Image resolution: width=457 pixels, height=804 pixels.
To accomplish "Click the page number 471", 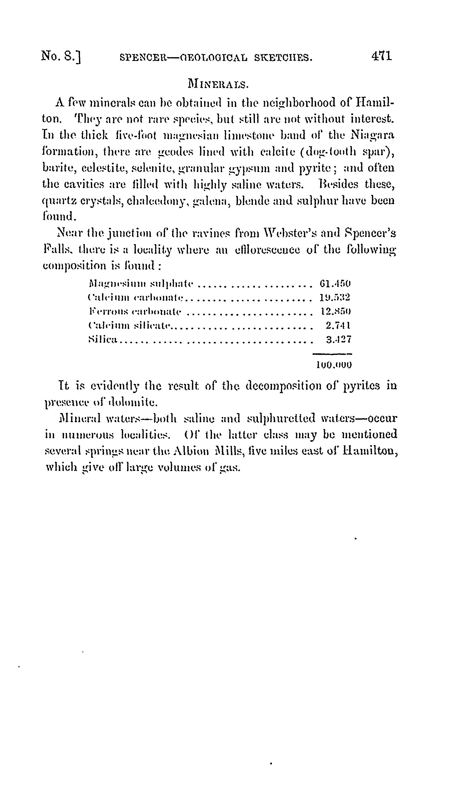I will (381, 56).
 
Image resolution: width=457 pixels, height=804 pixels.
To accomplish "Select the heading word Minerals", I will (218, 84).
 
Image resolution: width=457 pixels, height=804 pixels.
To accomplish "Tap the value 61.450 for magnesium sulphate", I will (335, 284).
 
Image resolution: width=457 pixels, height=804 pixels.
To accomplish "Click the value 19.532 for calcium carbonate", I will (335, 297).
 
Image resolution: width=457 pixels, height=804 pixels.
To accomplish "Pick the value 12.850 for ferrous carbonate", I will (335, 311).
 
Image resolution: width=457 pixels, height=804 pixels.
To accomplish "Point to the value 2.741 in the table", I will (338, 326).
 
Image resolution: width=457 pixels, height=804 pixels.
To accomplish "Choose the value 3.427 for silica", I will (338, 339).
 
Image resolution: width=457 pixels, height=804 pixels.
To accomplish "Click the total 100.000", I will (334, 365).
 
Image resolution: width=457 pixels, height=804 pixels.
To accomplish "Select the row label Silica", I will (103, 339).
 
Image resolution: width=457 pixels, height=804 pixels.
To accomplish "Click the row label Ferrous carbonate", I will (135, 311).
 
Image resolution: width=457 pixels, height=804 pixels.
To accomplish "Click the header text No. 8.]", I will (61, 56).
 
